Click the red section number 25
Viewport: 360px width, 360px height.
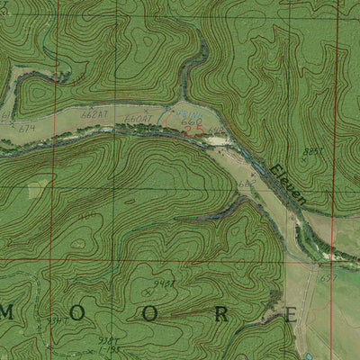pyautogui.click(x=192, y=131)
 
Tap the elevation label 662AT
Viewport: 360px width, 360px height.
pyautogui.click(x=94, y=114)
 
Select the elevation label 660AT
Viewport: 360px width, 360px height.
pyautogui.click(x=136, y=118)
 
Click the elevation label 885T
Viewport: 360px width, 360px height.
pyautogui.click(x=314, y=152)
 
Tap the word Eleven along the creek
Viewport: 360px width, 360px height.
pyautogui.click(x=289, y=184)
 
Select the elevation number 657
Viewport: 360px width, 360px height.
pyautogui.click(x=328, y=278)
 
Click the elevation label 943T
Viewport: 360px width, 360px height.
pyautogui.click(x=163, y=283)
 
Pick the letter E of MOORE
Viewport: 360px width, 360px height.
pyautogui.click(x=290, y=314)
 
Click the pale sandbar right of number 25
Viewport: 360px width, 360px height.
pyautogui.click(x=216, y=139)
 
